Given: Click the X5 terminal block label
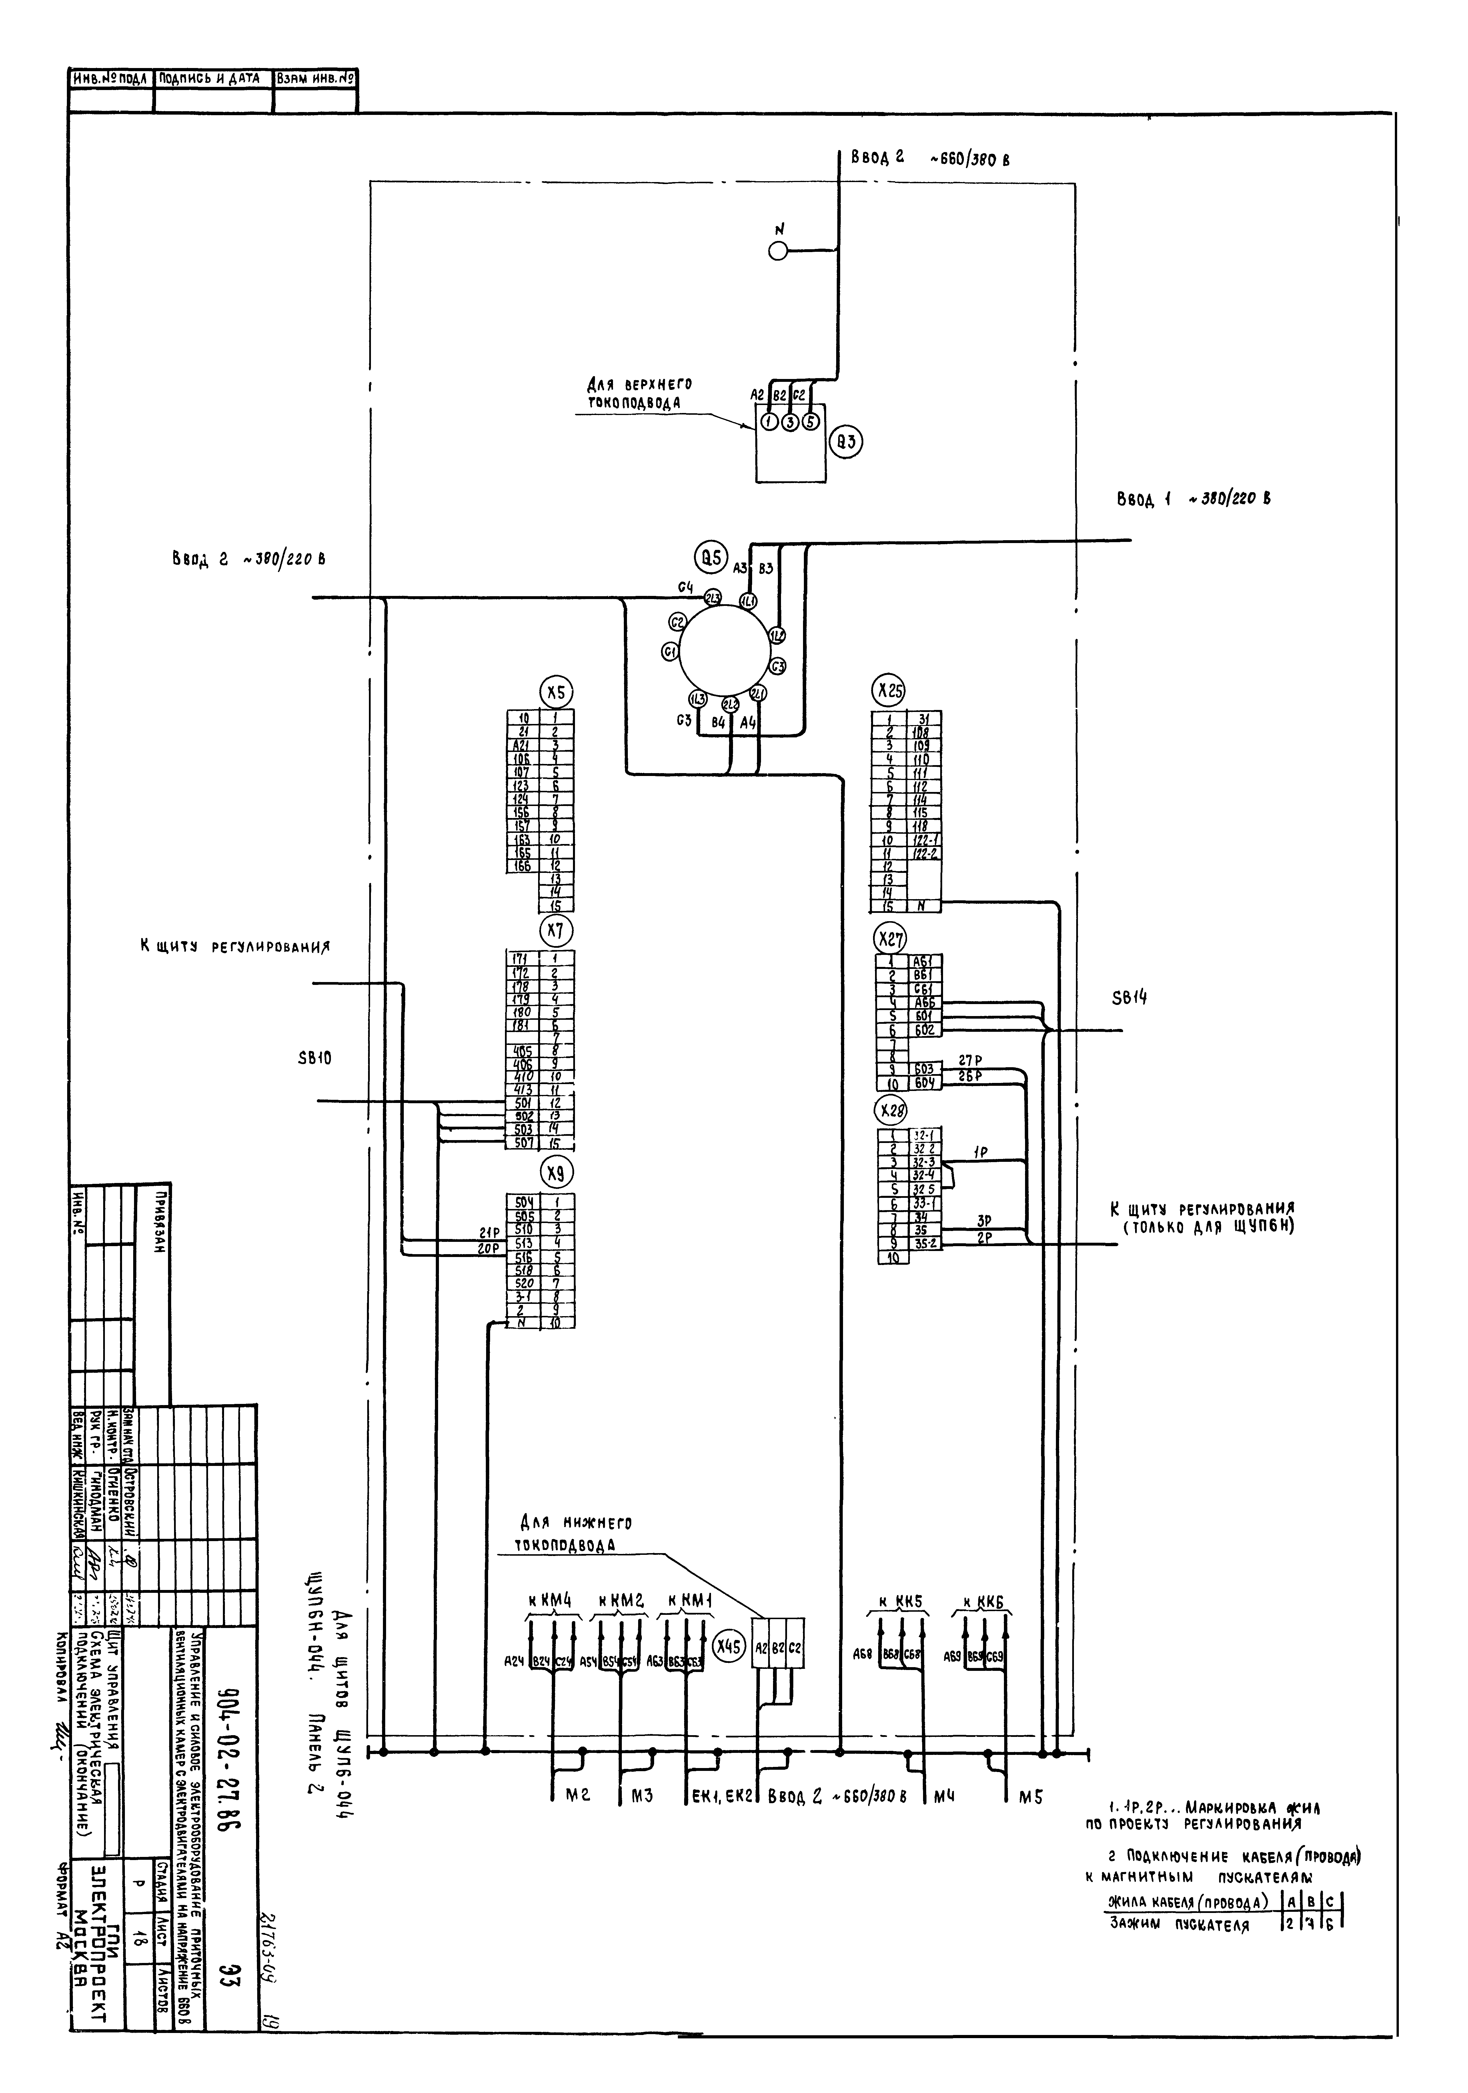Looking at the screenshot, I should pyautogui.click(x=555, y=692).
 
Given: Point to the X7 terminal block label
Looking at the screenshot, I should pyautogui.click(x=555, y=931).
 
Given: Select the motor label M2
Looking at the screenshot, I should pyautogui.click(x=580, y=1795).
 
